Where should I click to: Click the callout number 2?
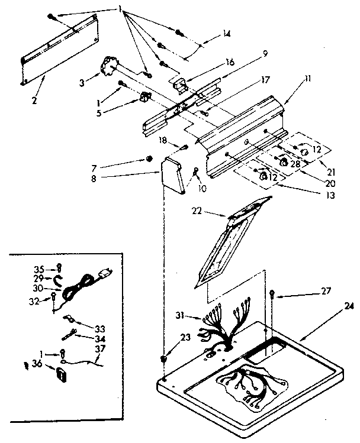[34, 101]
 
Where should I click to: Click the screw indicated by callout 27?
[272, 293]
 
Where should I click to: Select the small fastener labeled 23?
[164, 359]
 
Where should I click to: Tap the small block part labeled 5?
[144, 97]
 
